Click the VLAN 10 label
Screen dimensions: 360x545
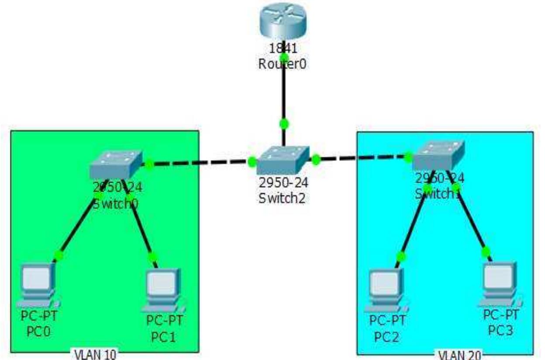94,354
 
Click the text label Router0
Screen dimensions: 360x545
283,64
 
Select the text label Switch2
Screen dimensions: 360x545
282,198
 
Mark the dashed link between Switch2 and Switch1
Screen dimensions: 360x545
362,158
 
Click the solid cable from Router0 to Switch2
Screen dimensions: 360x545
283,92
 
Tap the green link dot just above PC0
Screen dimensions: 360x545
59,255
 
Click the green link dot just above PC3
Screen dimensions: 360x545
485,251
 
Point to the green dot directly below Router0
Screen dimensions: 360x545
284,57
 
